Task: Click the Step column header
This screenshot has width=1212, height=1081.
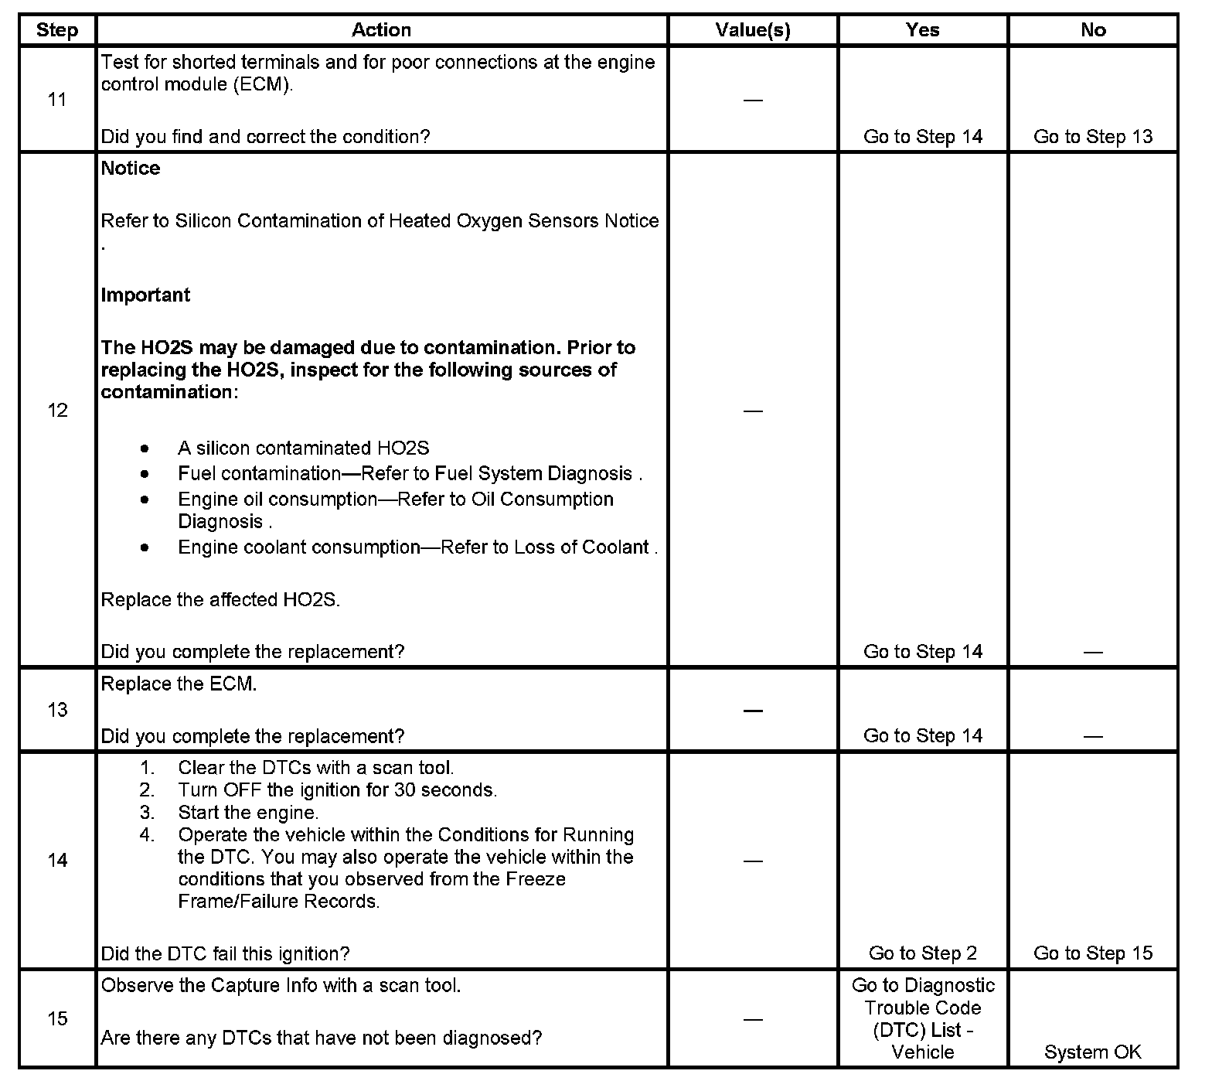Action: point(57,30)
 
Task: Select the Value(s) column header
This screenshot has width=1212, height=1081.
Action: point(752,30)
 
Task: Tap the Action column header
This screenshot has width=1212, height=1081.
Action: point(381,30)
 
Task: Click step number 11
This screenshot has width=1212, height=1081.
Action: point(57,100)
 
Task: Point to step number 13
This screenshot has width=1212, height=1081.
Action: point(57,710)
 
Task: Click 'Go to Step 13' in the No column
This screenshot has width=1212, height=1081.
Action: point(1092,137)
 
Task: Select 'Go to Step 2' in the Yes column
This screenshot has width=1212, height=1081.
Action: point(922,953)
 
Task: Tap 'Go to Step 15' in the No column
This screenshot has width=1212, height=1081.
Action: point(1092,953)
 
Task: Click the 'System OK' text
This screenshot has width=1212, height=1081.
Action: point(1092,1052)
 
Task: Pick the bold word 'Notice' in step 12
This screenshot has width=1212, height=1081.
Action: point(131,169)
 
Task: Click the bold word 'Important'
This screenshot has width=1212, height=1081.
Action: point(145,295)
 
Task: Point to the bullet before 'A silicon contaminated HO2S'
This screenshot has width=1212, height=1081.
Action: point(145,448)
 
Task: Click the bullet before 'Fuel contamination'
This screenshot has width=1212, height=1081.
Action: point(145,473)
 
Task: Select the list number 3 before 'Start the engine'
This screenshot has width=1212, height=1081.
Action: point(147,813)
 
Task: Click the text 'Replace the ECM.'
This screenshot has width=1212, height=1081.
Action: point(179,684)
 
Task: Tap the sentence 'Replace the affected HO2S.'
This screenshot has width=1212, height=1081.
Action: point(220,600)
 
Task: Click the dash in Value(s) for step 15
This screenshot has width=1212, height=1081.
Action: point(752,1019)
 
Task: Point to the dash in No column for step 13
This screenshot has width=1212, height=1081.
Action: point(1092,736)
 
